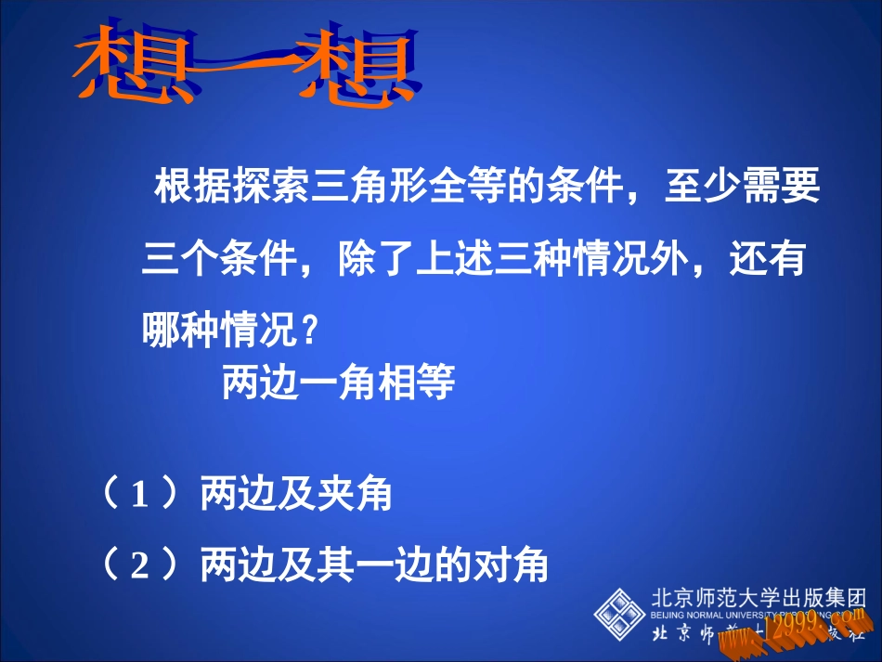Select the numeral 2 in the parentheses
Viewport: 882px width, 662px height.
140,565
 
